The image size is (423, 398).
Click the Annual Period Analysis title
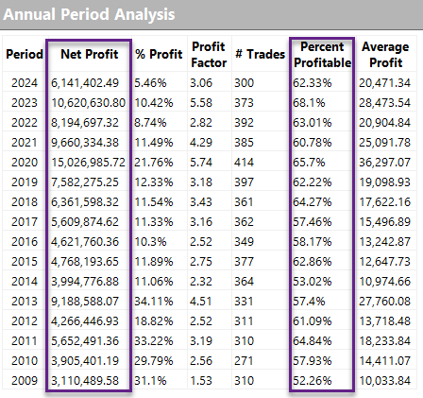pyautogui.click(x=89, y=14)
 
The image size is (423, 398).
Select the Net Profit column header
pyautogui.click(x=90, y=54)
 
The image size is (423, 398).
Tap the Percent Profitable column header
pyautogui.click(x=322, y=55)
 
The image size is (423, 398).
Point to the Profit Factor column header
pyautogui.click(x=209, y=55)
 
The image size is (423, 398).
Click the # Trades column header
pyautogui.click(x=260, y=54)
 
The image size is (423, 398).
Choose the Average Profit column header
pyautogui.click(x=385, y=55)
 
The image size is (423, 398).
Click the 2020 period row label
pyautogui.click(x=25, y=163)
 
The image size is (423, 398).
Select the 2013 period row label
pyautogui.click(x=25, y=302)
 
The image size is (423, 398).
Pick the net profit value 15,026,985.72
pyautogui.click(x=88, y=163)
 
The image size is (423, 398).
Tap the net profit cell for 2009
pyautogui.click(x=85, y=381)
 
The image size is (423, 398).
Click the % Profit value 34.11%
pyautogui.click(x=154, y=302)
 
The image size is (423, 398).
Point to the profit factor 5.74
pyautogui.click(x=201, y=163)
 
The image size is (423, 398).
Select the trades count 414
pyautogui.click(x=244, y=163)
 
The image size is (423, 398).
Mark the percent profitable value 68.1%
pyautogui.click(x=309, y=103)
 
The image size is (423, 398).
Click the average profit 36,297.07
pyautogui.click(x=384, y=163)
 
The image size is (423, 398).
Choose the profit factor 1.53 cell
pyautogui.click(x=201, y=381)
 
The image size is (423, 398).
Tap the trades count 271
pyautogui.click(x=244, y=361)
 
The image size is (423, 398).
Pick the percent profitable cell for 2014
pyautogui.click(x=313, y=282)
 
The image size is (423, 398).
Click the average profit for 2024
pyautogui.click(x=384, y=83)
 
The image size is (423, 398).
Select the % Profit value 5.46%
pyautogui.click(x=150, y=83)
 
